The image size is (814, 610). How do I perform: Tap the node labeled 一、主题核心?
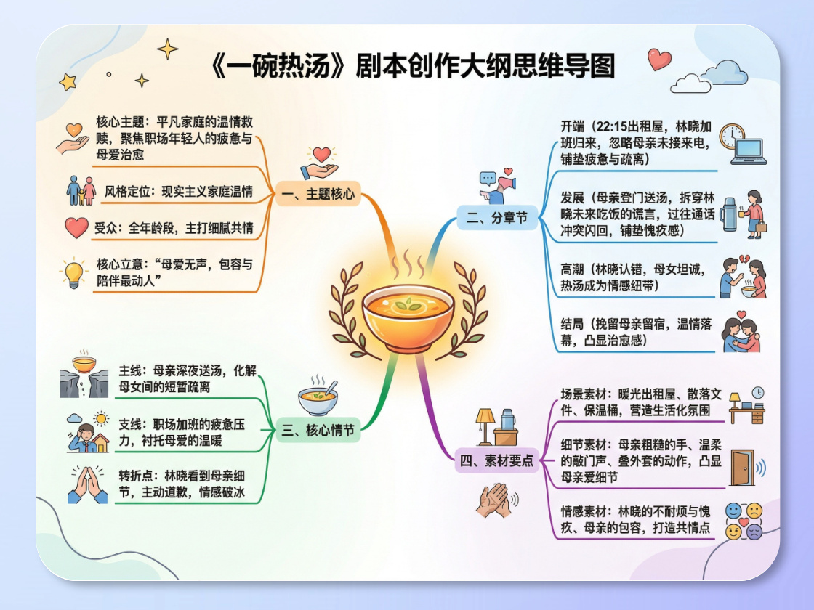pos(318,196)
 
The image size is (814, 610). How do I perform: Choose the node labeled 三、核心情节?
pos(318,431)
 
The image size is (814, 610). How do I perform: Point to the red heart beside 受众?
pos(76,228)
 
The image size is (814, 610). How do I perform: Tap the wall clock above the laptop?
pos(731,135)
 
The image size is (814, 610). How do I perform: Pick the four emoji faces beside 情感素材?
pos(744,521)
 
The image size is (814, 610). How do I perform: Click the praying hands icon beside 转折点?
pos(88,484)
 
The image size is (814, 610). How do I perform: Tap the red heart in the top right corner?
pos(659,59)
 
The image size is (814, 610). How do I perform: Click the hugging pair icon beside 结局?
pos(741,333)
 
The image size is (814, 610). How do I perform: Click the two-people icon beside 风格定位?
pos(81,190)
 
